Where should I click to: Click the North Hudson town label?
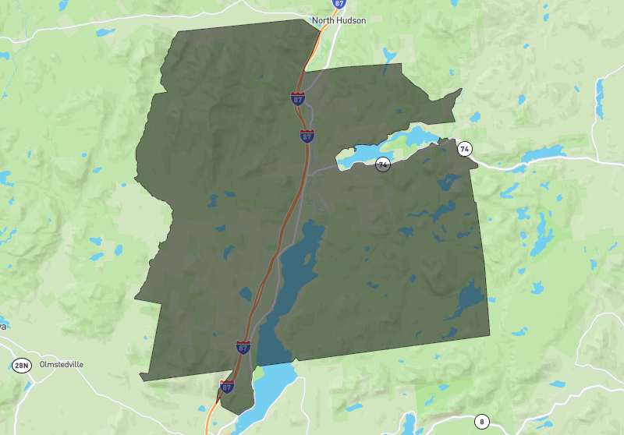coord(338,20)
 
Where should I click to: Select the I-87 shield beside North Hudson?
coord(338,4)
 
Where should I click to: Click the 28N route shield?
coord(20,365)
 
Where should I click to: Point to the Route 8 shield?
coord(481,422)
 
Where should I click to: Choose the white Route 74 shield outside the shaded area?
coord(465,148)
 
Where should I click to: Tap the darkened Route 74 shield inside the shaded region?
coord(382,164)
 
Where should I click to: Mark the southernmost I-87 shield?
coord(227,386)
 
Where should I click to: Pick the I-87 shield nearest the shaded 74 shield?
coord(307,136)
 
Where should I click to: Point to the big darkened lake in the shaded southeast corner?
coord(470,299)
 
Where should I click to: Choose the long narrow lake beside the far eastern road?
coord(600,97)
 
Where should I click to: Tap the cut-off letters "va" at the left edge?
coord(3,326)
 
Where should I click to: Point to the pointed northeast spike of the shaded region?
coord(458,92)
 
